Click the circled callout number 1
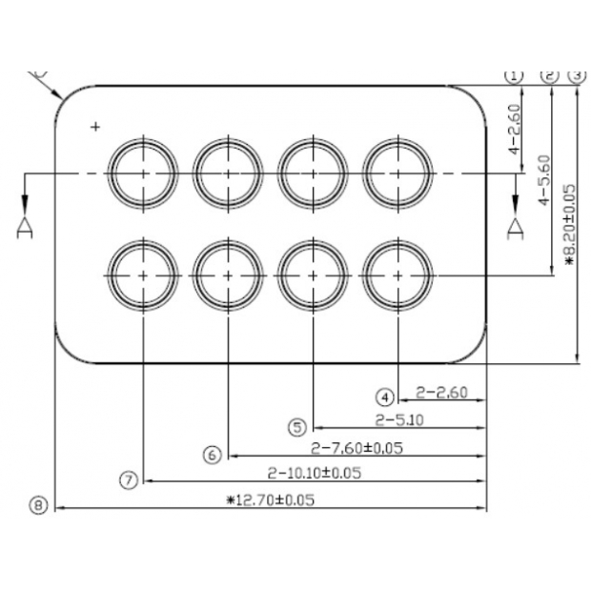point(516,74)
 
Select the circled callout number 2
point(549,74)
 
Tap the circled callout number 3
point(576,74)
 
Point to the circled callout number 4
point(384,396)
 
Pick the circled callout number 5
point(299,426)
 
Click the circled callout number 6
point(213,455)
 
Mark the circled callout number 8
point(37,506)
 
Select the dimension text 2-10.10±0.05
point(314,472)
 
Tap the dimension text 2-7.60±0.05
point(357,447)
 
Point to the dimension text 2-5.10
point(399,419)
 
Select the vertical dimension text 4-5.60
point(543,181)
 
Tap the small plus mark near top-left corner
point(94,126)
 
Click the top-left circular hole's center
point(143,173)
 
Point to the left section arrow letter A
point(25,227)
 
